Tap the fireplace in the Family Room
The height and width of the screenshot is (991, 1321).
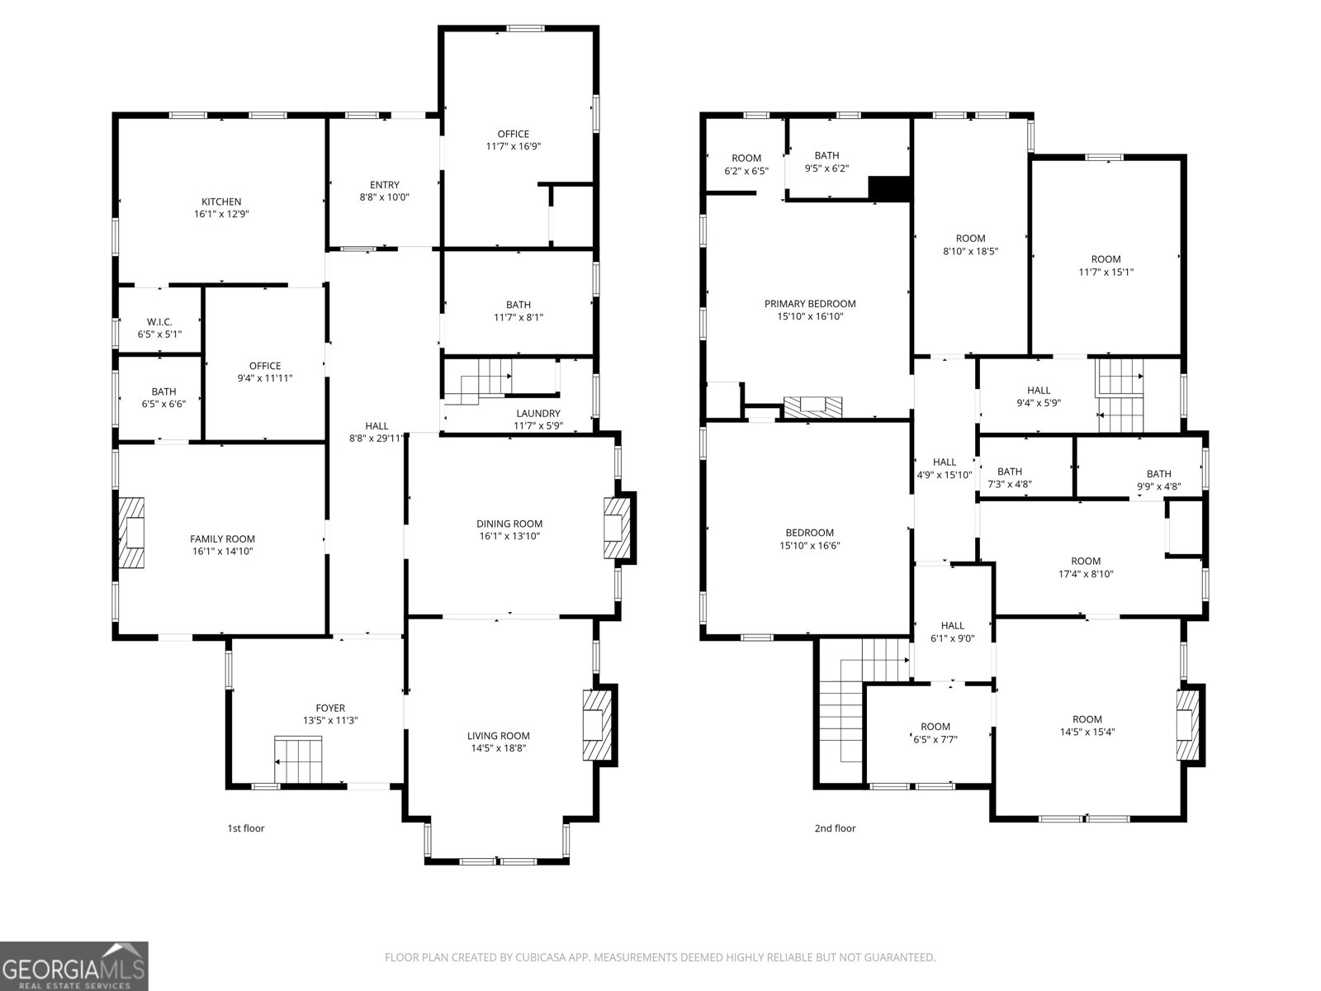pyautogui.click(x=132, y=533)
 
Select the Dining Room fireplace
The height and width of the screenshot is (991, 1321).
pyautogui.click(x=616, y=528)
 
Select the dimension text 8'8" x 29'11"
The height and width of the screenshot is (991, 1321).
pyautogui.click(x=376, y=439)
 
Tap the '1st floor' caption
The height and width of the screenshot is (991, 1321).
pyautogui.click(x=246, y=828)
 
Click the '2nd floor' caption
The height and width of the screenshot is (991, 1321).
pyautogui.click(x=835, y=828)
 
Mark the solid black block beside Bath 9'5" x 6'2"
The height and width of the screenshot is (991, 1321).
pyautogui.click(x=889, y=188)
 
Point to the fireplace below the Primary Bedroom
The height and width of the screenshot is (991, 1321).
pyautogui.click(x=813, y=407)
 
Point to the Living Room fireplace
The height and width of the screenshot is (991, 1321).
pyautogui.click(x=596, y=725)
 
